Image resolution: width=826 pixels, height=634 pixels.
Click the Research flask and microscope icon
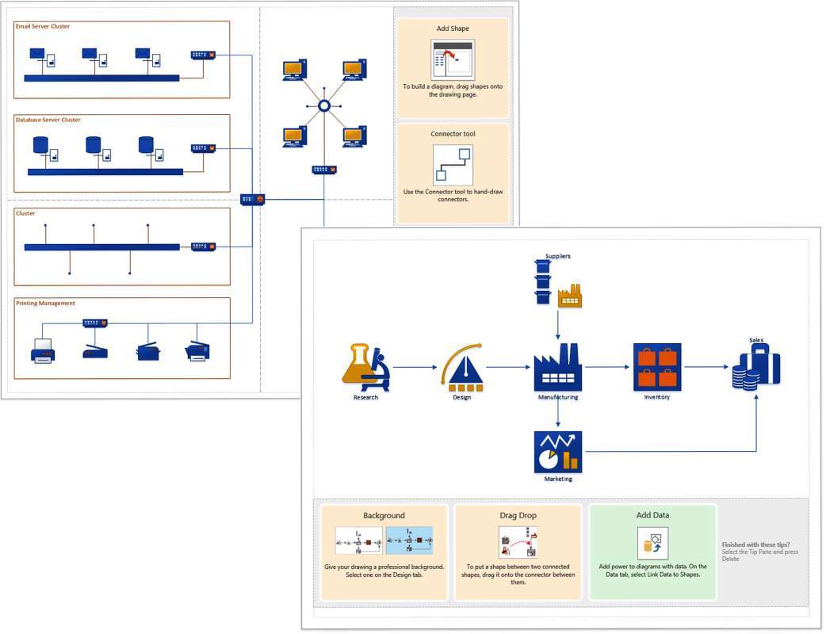(365, 367)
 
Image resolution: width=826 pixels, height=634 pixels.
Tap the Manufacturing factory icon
(558, 367)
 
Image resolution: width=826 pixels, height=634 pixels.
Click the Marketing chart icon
(558, 452)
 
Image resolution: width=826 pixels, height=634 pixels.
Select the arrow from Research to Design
(415, 367)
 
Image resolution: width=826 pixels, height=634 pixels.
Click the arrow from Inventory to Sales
(707, 367)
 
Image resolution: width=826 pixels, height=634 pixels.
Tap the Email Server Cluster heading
(43, 26)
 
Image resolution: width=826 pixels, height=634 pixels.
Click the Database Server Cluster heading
(48, 120)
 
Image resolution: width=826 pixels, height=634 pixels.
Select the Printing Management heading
(46, 303)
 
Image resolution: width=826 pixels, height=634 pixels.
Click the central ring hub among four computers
(323, 105)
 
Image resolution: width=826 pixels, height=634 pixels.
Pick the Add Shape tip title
(453, 29)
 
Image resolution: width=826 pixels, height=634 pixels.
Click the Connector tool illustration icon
(453, 164)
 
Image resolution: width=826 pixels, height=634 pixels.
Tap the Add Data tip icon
(652, 544)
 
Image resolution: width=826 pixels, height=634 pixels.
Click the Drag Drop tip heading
(518, 515)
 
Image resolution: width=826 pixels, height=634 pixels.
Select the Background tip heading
(384, 515)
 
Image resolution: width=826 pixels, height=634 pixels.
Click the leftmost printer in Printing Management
(43, 349)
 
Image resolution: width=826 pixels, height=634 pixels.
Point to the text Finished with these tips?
(755, 544)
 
